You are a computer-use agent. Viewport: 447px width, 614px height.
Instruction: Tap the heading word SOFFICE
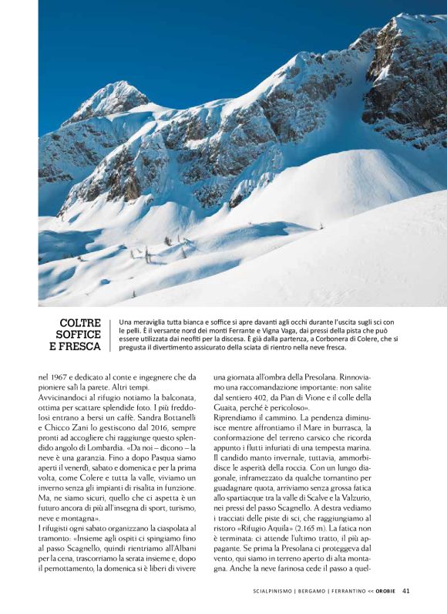(x=79, y=335)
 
